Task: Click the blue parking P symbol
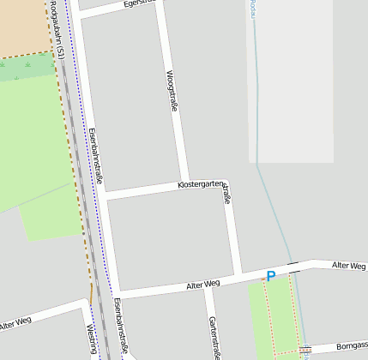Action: tap(271, 276)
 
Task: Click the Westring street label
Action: tap(93, 339)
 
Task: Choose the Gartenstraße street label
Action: tap(214, 337)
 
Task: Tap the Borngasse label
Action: tap(351, 345)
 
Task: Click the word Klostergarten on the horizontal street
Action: tap(201, 184)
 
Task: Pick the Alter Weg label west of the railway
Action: tap(15, 324)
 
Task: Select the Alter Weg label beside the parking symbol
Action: tap(203, 283)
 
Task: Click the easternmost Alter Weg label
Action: tap(349, 267)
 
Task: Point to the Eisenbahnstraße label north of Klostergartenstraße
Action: tap(95, 156)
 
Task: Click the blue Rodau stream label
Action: tap(254, 9)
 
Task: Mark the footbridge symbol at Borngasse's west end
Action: tap(306, 350)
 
